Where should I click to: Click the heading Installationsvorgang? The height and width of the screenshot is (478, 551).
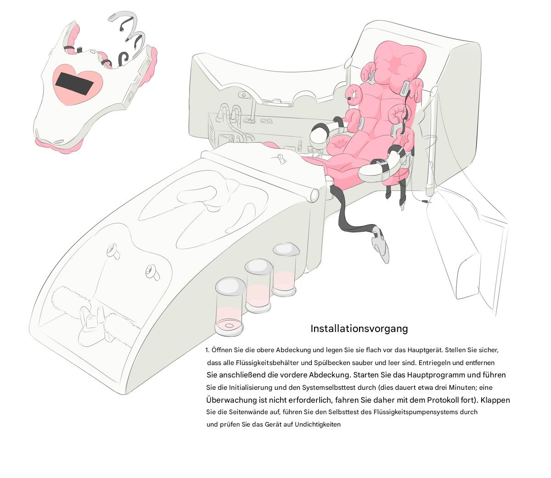point(359,329)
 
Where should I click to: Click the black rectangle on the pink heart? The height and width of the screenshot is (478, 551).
point(73,84)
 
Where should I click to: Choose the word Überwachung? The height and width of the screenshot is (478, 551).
point(231,400)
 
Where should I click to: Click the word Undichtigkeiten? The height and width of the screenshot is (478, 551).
point(317,424)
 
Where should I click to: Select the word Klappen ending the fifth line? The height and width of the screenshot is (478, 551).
point(495,400)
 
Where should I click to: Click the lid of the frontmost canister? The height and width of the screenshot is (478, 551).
point(230,286)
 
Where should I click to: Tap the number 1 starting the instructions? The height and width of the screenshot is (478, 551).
point(207,350)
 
